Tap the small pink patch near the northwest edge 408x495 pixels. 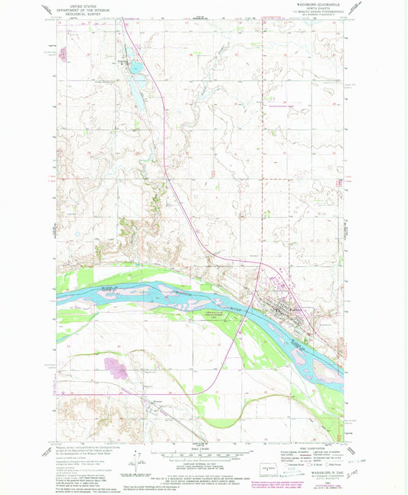click(62, 54)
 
